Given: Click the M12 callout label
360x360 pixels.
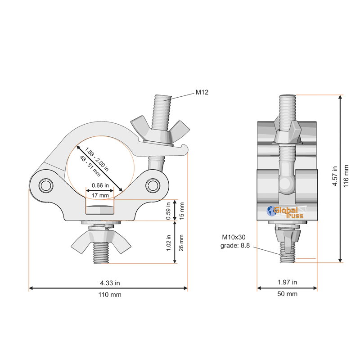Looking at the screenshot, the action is tap(202, 92).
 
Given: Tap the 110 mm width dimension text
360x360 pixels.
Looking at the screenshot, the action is tap(110, 295).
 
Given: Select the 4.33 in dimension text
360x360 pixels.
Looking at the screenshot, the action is tap(110, 283).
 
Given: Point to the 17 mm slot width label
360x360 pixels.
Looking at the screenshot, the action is tap(100, 195).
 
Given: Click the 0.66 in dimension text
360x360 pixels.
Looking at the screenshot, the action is tap(100, 185).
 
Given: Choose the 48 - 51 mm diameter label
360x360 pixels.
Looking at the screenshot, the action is tap(90, 166).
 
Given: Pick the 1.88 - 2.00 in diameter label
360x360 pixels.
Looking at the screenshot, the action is tap(97, 159).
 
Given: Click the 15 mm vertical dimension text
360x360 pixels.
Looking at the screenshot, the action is tap(182, 211).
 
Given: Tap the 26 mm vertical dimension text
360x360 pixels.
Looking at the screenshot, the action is tap(181, 243).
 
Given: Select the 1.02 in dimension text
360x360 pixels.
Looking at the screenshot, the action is tap(168, 243).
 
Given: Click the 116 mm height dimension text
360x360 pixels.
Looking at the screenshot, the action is tap(346, 176).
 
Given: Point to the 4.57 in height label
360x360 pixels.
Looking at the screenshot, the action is tap(335, 176).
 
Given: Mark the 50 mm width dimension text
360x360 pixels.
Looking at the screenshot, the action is tap(287, 294).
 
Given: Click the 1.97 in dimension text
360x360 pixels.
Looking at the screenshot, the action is tap(287, 282).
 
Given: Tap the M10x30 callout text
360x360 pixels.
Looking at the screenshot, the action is tap(234, 237).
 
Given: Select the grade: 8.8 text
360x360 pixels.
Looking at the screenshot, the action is tap(235, 246).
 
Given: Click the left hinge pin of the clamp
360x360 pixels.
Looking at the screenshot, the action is tap(46, 185).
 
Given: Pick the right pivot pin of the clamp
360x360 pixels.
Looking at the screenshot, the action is tap(153, 185).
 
